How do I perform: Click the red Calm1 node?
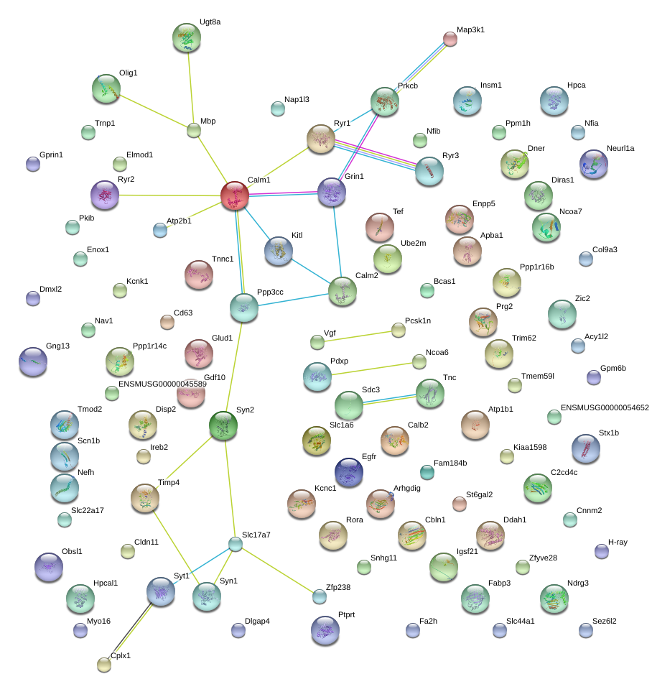(235, 195)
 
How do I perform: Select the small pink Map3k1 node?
(450, 39)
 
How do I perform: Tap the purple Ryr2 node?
(105, 195)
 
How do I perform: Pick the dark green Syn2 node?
(223, 426)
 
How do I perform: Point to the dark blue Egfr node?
(349, 472)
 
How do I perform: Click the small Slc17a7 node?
(236, 544)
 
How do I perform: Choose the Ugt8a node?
(187, 38)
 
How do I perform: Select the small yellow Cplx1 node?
(104, 665)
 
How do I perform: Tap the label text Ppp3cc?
(270, 292)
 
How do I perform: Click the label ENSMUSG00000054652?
(605, 407)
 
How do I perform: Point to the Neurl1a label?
(620, 149)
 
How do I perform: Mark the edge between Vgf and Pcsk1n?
(358, 336)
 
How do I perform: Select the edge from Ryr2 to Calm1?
(169, 195)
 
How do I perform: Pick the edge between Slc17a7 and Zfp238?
(278, 571)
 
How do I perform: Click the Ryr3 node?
(429, 171)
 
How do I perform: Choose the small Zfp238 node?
(320, 596)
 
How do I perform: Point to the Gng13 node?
(33, 361)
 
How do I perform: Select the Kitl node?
(279, 251)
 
